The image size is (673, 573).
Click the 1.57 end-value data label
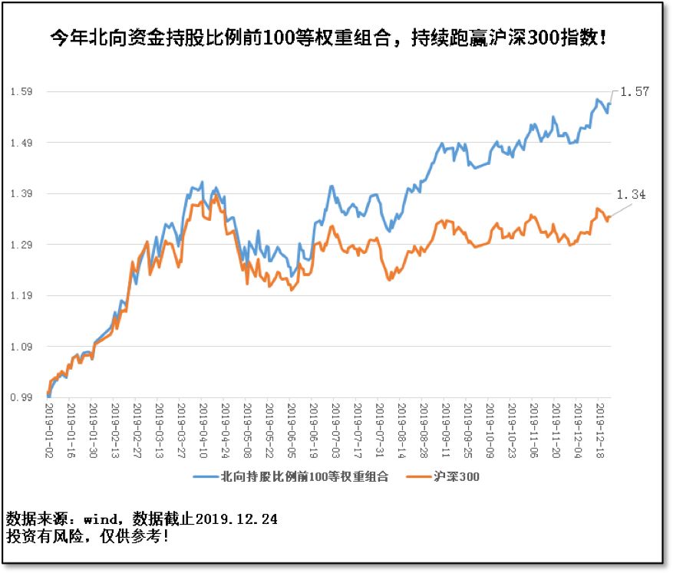click(635, 91)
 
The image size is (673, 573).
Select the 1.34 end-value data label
click(632, 195)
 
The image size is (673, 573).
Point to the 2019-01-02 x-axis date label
click(48, 430)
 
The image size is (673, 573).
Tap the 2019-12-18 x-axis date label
click(602, 430)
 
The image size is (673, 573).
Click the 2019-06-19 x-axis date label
click(314, 430)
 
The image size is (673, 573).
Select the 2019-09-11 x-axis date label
click(447, 430)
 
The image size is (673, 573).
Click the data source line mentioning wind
click(142, 519)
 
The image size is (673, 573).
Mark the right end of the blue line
click(611, 103)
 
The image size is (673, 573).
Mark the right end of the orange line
click(611, 217)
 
